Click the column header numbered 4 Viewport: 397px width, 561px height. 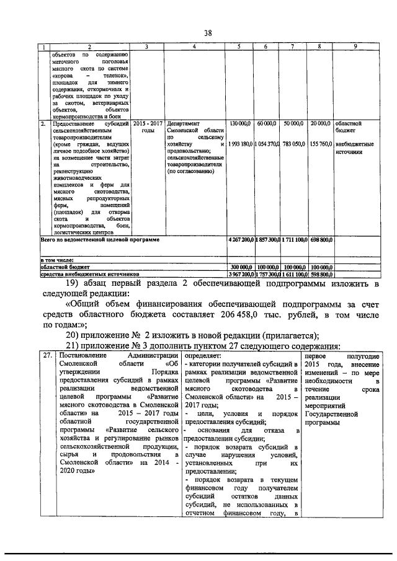point(195,48)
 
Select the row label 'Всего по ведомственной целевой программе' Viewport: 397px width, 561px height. point(100,239)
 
